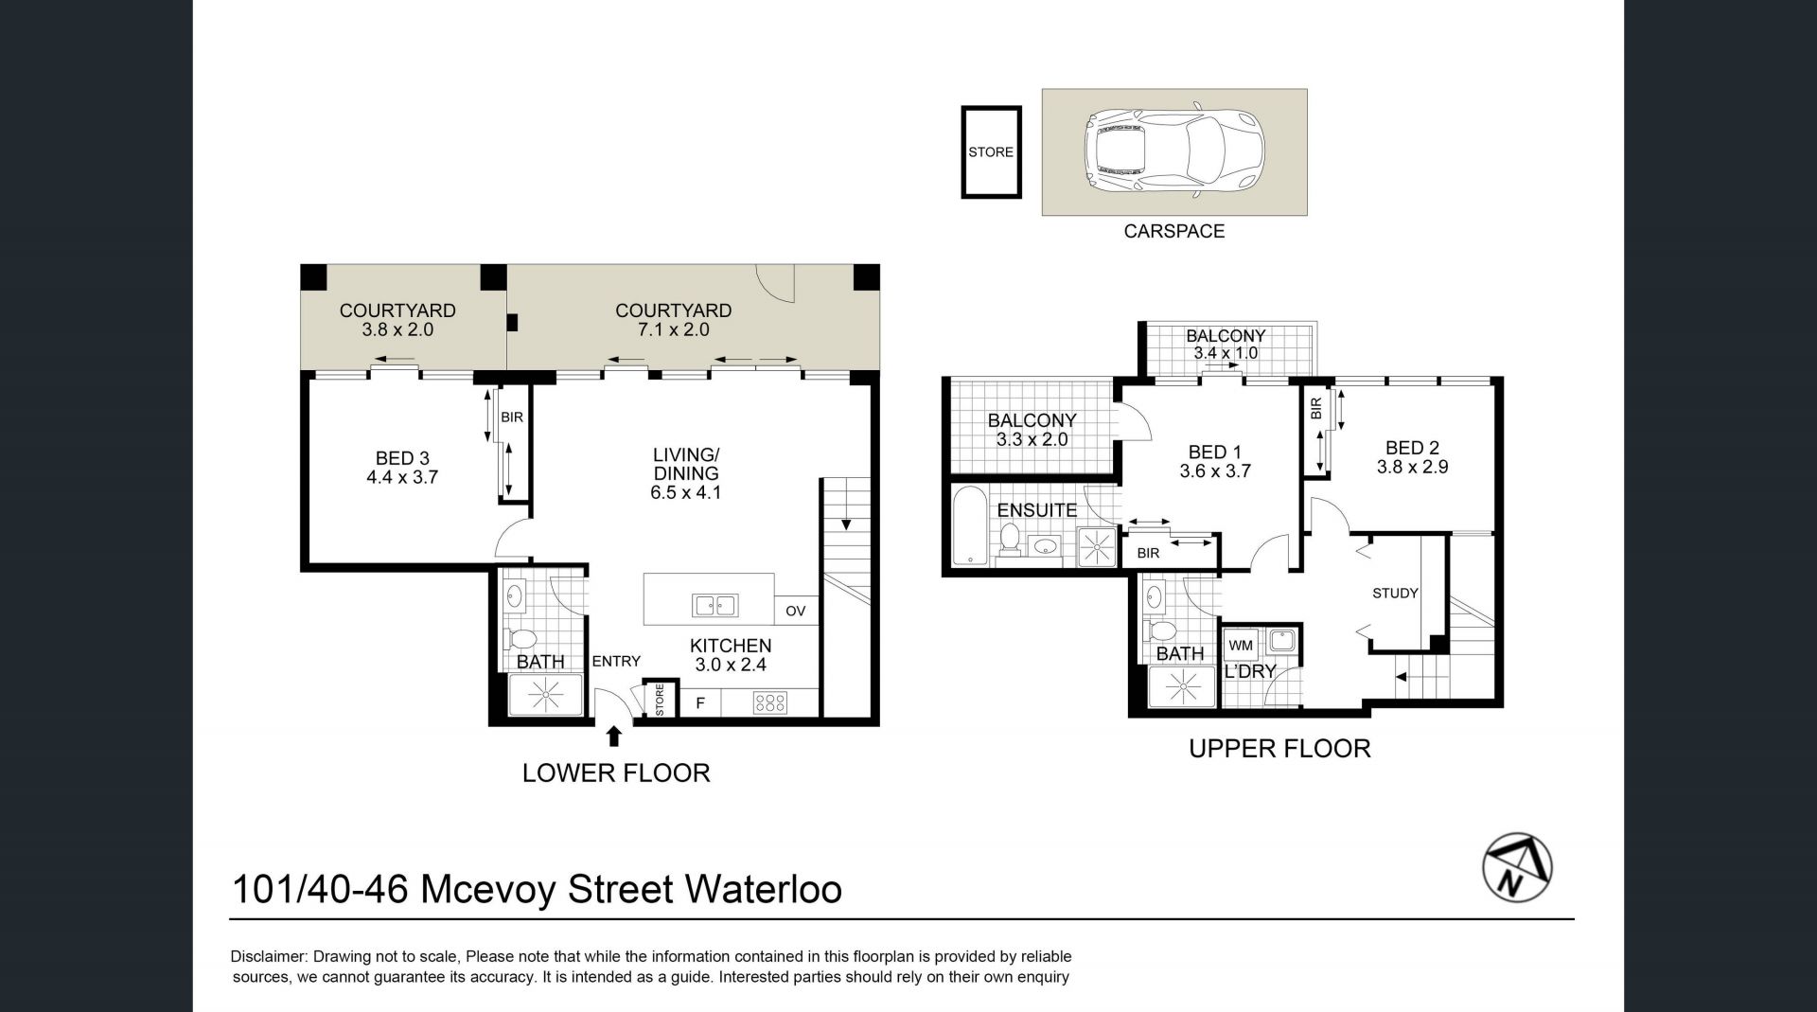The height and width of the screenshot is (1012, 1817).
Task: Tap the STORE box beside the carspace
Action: click(x=991, y=151)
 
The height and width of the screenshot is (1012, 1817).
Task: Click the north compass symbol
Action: click(x=1516, y=867)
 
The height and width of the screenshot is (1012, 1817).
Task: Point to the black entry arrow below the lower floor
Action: click(x=614, y=736)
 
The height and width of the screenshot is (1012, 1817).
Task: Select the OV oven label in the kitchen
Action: click(x=795, y=611)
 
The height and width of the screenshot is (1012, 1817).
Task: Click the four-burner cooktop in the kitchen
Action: click(x=769, y=703)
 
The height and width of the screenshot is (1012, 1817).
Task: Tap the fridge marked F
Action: click(x=700, y=703)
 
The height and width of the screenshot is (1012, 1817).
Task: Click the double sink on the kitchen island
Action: click(x=714, y=605)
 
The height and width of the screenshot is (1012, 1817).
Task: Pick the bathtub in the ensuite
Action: click(x=969, y=526)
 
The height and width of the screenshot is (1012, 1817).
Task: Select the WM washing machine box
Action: click(x=1241, y=646)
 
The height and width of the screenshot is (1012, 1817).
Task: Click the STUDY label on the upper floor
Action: click(x=1395, y=594)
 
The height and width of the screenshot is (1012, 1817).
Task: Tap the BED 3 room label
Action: click(x=402, y=458)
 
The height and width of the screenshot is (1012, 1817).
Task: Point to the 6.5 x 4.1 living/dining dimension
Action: click(x=685, y=492)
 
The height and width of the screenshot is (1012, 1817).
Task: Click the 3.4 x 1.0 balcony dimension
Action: click(x=1226, y=353)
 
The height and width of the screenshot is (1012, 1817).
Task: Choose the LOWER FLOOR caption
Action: click(x=616, y=772)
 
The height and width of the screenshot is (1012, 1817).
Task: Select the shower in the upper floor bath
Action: click(x=1180, y=687)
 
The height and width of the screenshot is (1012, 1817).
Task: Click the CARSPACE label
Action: click(x=1173, y=231)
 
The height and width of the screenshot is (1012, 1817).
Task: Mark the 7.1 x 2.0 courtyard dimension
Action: click(x=673, y=330)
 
